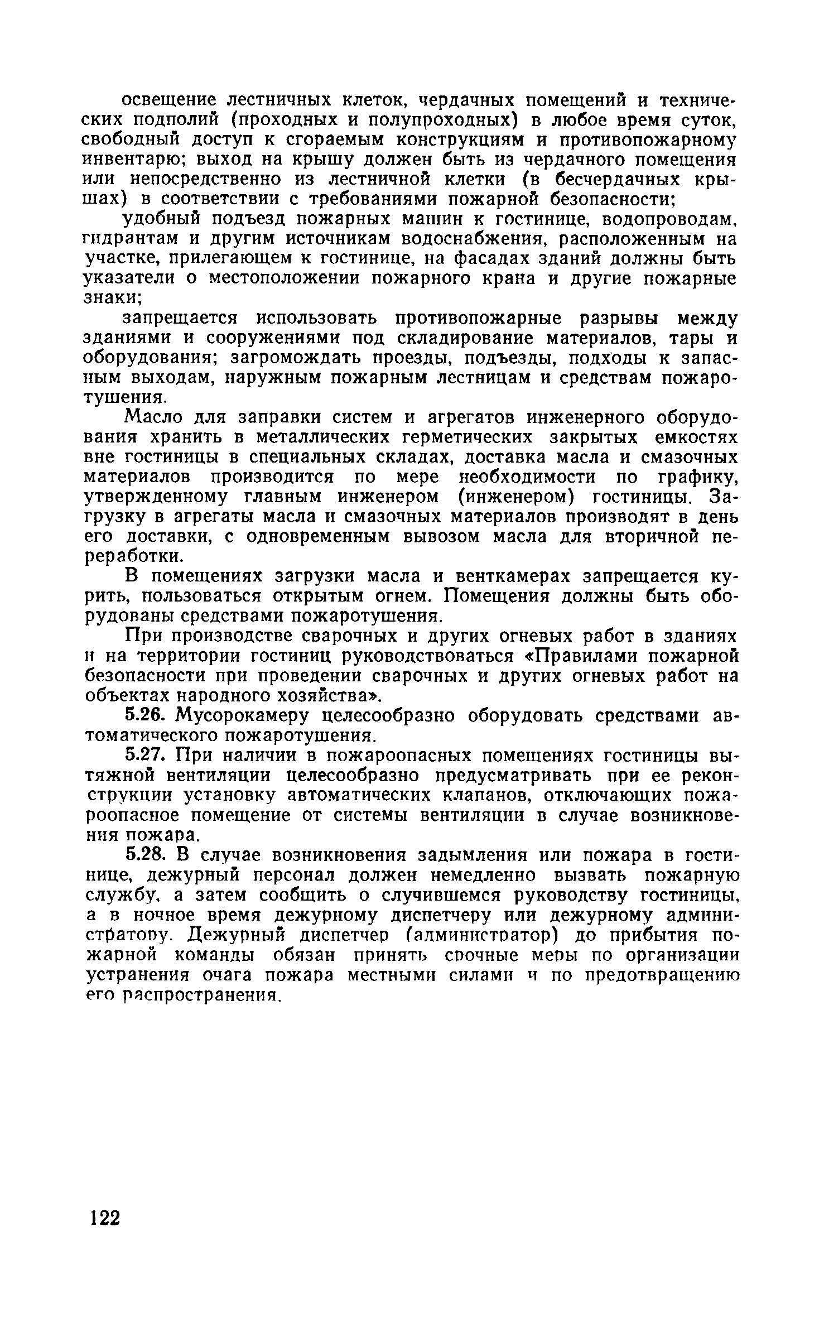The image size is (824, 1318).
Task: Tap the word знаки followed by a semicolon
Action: point(111,298)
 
